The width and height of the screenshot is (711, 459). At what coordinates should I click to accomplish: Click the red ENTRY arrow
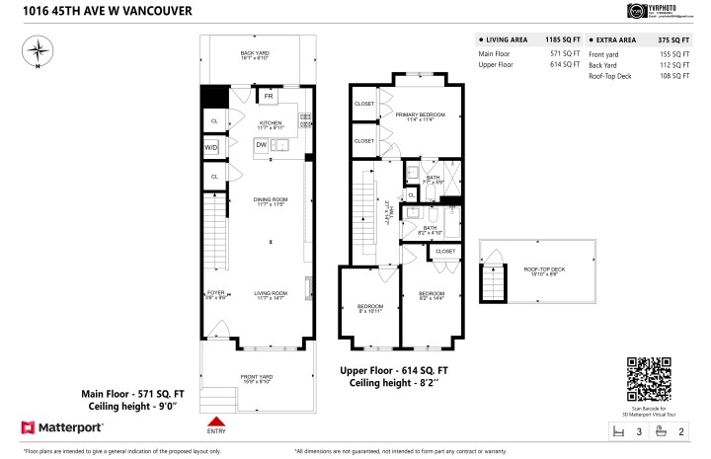[x=216, y=421]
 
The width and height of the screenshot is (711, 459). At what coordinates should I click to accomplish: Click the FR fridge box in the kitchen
[x=268, y=97]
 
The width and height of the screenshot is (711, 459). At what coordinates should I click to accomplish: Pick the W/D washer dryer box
[x=211, y=147]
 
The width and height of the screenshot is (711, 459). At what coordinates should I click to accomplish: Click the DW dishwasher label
[x=262, y=145]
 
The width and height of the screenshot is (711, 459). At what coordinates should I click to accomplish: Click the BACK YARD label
[x=256, y=55]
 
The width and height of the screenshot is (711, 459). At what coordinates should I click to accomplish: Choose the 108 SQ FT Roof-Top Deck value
[x=673, y=75]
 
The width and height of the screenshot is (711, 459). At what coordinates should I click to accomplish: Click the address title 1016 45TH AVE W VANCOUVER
[x=95, y=11]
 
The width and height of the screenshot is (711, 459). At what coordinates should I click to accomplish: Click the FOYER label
[x=215, y=293]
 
